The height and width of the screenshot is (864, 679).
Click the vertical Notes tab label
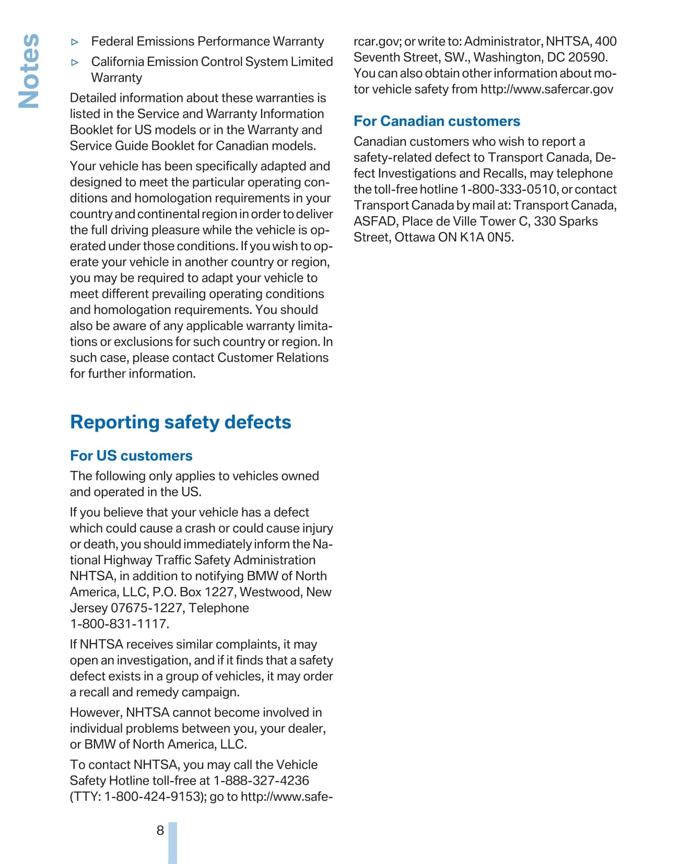click(29, 71)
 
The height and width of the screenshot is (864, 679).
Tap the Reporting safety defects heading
click(180, 422)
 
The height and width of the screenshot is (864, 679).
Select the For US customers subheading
click(131, 456)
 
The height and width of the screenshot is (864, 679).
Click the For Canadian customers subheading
click(437, 121)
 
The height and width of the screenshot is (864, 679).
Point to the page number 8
click(160, 830)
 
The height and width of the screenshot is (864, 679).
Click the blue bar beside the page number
click(172, 842)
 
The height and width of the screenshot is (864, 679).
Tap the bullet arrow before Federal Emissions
click(75, 42)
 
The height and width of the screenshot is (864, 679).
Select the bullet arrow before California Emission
click(75, 62)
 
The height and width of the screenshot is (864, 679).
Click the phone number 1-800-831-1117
click(119, 624)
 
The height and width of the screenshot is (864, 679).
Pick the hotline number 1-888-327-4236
click(261, 780)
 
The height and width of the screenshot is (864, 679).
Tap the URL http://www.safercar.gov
click(546, 89)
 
